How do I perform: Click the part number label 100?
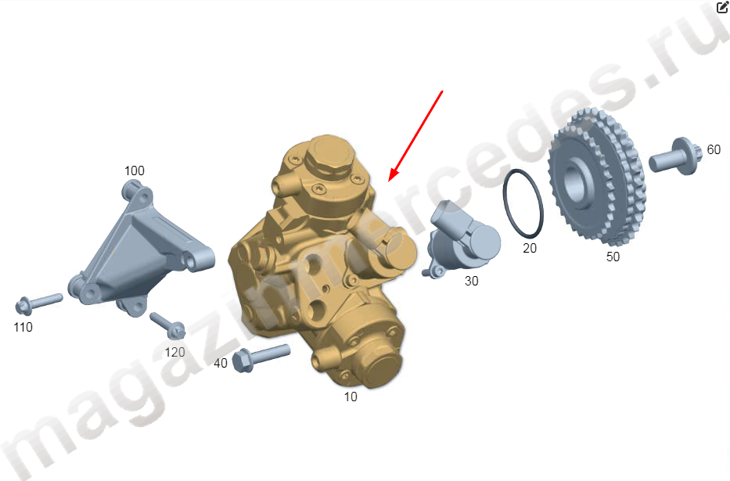(x=134, y=171)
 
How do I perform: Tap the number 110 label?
(x=23, y=327)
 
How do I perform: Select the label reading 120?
(x=174, y=352)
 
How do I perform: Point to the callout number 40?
(x=220, y=363)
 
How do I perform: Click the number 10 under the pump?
(x=350, y=397)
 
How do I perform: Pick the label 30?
(x=471, y=281)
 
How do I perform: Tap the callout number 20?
(x=530, y=249)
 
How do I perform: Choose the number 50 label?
(x=613, y=257)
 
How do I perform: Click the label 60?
(x=714, y=149)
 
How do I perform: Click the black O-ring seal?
(x=505, y=205)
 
